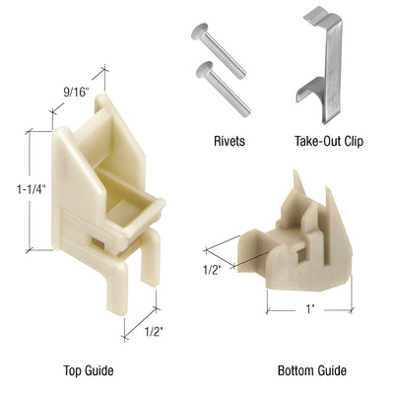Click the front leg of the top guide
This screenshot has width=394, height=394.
point(109,286)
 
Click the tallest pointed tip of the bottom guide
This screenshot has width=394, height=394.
point(298,177)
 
